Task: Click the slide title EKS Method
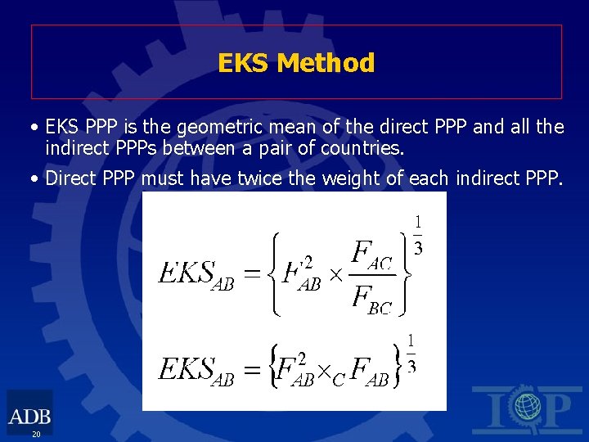[296, 63]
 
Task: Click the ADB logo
[29, 411]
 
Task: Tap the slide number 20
[36, 434]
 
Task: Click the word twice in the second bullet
[270, 178]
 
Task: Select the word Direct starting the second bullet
[70, 178]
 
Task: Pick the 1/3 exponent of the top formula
[417, 235]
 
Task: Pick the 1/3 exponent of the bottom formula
[411, 353]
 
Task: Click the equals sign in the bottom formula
[253, 372]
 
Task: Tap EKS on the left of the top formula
[185, 273]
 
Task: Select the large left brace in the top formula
[275, 273]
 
